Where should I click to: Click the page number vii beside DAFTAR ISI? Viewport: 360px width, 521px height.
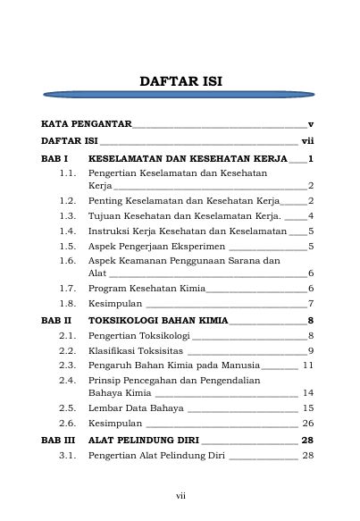pyautogui.click(x=306, y=140)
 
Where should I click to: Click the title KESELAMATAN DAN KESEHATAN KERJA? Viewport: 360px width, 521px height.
pyautogui.click(x=188, y=158)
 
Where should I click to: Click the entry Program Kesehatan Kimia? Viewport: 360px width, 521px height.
pyautogui.click(x=147, y=289)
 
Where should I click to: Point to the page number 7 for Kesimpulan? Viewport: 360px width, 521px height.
pyautogui.click(x=310, y=304)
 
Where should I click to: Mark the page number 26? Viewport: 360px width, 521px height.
pyautogui.click(x=307, y=423)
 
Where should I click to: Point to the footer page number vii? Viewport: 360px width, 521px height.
pyautogui.click(x=180, y=494)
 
